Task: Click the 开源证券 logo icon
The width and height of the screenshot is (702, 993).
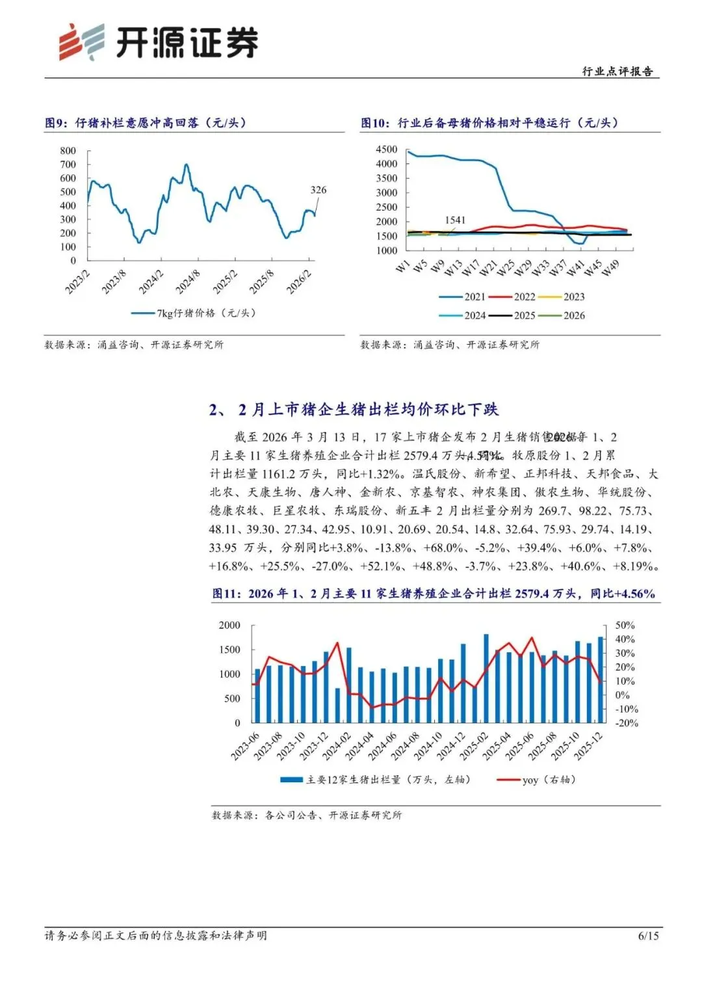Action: tap(81, 42)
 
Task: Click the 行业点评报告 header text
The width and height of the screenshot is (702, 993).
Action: tap(617, 71)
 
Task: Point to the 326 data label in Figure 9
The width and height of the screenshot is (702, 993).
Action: tap(318, 190)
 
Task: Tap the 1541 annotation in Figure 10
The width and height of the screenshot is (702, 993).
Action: tap(455, 220)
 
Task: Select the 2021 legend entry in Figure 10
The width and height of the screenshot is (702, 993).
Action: tap(463, 297)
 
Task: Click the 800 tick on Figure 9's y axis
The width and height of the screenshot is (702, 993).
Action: tap(68, 150)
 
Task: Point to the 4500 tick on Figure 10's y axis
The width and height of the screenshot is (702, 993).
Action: tap(386, 150)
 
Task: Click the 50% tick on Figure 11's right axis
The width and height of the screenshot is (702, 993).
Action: tap(625, 625)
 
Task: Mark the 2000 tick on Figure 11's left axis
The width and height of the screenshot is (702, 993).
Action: tap(229, 625)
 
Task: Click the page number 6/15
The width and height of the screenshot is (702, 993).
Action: tap(648, 936)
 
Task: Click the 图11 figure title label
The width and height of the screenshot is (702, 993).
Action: tap(226, 594)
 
